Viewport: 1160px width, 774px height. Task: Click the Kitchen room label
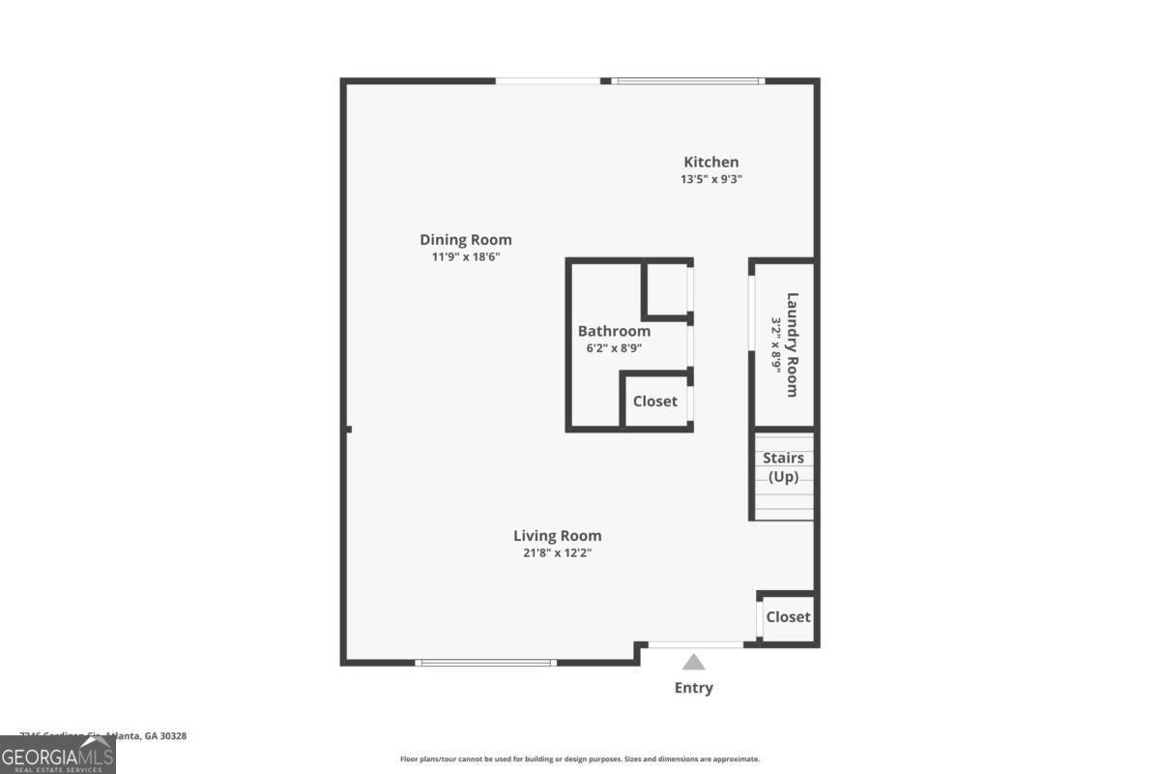coord(711,163)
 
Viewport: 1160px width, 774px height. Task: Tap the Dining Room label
coord(466,240)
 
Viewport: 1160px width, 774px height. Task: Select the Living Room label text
coord(557,536)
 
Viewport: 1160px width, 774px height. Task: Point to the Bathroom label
coord(614,331)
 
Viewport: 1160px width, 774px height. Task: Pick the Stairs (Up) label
coord(783,467)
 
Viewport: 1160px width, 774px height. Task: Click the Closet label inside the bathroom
coord(655,402)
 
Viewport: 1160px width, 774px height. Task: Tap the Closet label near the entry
coord(788,617)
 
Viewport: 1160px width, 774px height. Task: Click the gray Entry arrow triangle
coord(694,663)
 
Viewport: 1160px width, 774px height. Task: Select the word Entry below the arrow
coord(694,688)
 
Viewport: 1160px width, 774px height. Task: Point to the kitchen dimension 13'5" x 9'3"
coord(711,179)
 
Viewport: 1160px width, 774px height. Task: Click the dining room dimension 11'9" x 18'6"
coord(466,257)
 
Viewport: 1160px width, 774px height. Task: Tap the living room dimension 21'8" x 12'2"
coord(557,553)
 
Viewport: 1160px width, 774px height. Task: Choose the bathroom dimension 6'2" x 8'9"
coord(614,348)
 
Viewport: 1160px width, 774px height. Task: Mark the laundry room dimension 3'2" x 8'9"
coord(775,344)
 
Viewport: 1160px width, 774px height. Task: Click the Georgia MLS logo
coord(58,755)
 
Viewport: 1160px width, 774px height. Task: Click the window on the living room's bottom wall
coord(486,663)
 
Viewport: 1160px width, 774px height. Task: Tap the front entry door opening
coord(695,644)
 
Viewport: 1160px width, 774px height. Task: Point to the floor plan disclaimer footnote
coord(580,759)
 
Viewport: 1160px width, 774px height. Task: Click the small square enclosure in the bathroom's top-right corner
coord(666,288)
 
